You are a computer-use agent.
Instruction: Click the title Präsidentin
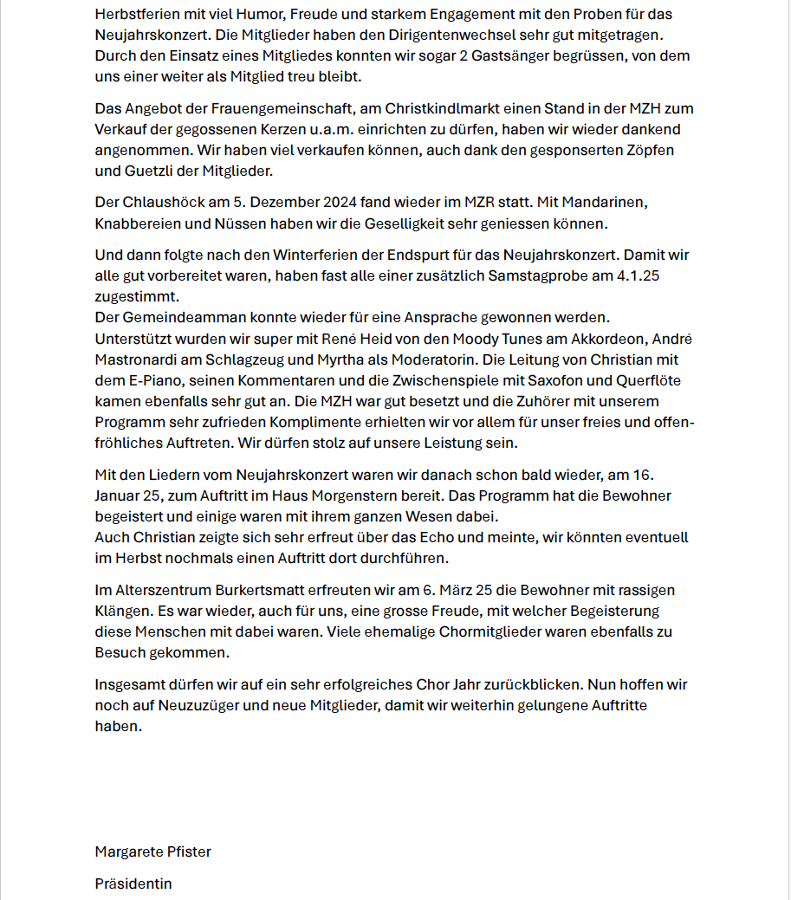pyautogui.click(x=133, y=884)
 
